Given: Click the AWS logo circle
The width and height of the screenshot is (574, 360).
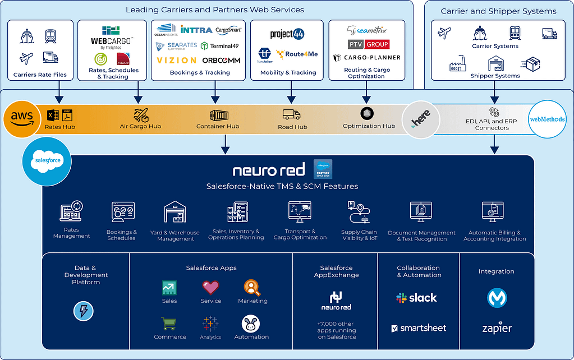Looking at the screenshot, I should [x=22, y=118].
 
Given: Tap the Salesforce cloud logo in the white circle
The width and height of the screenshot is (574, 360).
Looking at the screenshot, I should [x=47, y=160].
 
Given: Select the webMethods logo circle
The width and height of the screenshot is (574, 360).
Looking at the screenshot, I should [x=547, y=119].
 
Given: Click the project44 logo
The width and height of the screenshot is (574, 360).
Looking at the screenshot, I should [x=287, y=34].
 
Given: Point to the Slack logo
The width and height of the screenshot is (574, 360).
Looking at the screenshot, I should [x=416, y=298].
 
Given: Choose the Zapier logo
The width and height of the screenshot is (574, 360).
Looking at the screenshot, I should [x=497, y=328].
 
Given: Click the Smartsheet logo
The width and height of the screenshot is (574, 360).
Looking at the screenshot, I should [x=418, y=328].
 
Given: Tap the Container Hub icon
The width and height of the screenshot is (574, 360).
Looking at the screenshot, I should [x=218, y=116].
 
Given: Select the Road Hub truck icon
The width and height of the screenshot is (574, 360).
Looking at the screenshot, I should [x=292, y=114].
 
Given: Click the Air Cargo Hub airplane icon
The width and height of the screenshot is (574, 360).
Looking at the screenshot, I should [x=141, y=115].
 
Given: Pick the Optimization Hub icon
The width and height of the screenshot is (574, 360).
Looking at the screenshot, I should [x=368, y=114].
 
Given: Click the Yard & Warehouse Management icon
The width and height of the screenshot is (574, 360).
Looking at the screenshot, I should [x=175, y=213].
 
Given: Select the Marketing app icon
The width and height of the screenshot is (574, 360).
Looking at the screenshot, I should [x=252, y=288].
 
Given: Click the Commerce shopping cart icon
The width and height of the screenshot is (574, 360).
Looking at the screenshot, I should [x=168, y=324].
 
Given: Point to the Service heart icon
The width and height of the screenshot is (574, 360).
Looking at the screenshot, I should [x=210, y=288].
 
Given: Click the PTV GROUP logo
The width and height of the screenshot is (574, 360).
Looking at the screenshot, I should [x=369, y=44].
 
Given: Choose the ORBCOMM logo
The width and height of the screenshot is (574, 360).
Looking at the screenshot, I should [x=222, y=60].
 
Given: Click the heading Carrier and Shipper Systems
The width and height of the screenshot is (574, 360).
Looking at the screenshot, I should [x=498, y=11].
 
